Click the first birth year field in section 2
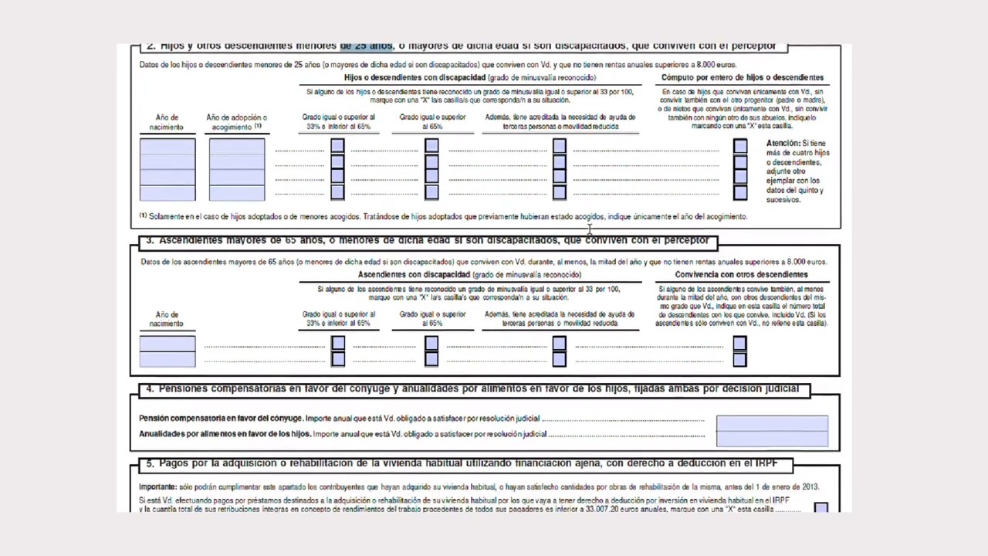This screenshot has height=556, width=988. click(x=167, y=147)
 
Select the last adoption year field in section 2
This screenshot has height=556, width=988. click(x=237, y=193)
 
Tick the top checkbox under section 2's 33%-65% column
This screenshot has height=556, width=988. click(x=337, y=146)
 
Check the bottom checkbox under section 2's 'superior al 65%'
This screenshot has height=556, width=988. click(x=431, y=192)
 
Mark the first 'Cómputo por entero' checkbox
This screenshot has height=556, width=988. click(x=740, y=146)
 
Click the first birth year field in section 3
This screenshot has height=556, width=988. click(x=167, y=344)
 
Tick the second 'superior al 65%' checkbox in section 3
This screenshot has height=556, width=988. click(x=431, y=359)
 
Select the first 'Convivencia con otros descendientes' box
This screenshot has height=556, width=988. click(x=739, y=344)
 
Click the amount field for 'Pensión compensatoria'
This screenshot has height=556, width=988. click(x=772, y=423)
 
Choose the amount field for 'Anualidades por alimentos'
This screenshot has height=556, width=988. click(x=772, y=439)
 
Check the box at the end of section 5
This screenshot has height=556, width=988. click(x=821, y=508)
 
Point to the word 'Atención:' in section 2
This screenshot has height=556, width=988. click(x=782, y=144)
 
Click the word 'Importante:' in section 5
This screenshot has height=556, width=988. click(x=157, y=487)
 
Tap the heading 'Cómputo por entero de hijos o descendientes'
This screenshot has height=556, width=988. click(x=742, y=77)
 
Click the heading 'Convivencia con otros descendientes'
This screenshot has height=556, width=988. click(x=741, y=275)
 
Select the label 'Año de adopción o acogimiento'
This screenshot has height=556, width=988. click(x=236, y=122)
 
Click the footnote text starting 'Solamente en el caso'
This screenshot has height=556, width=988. click(x=448, y=217)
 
